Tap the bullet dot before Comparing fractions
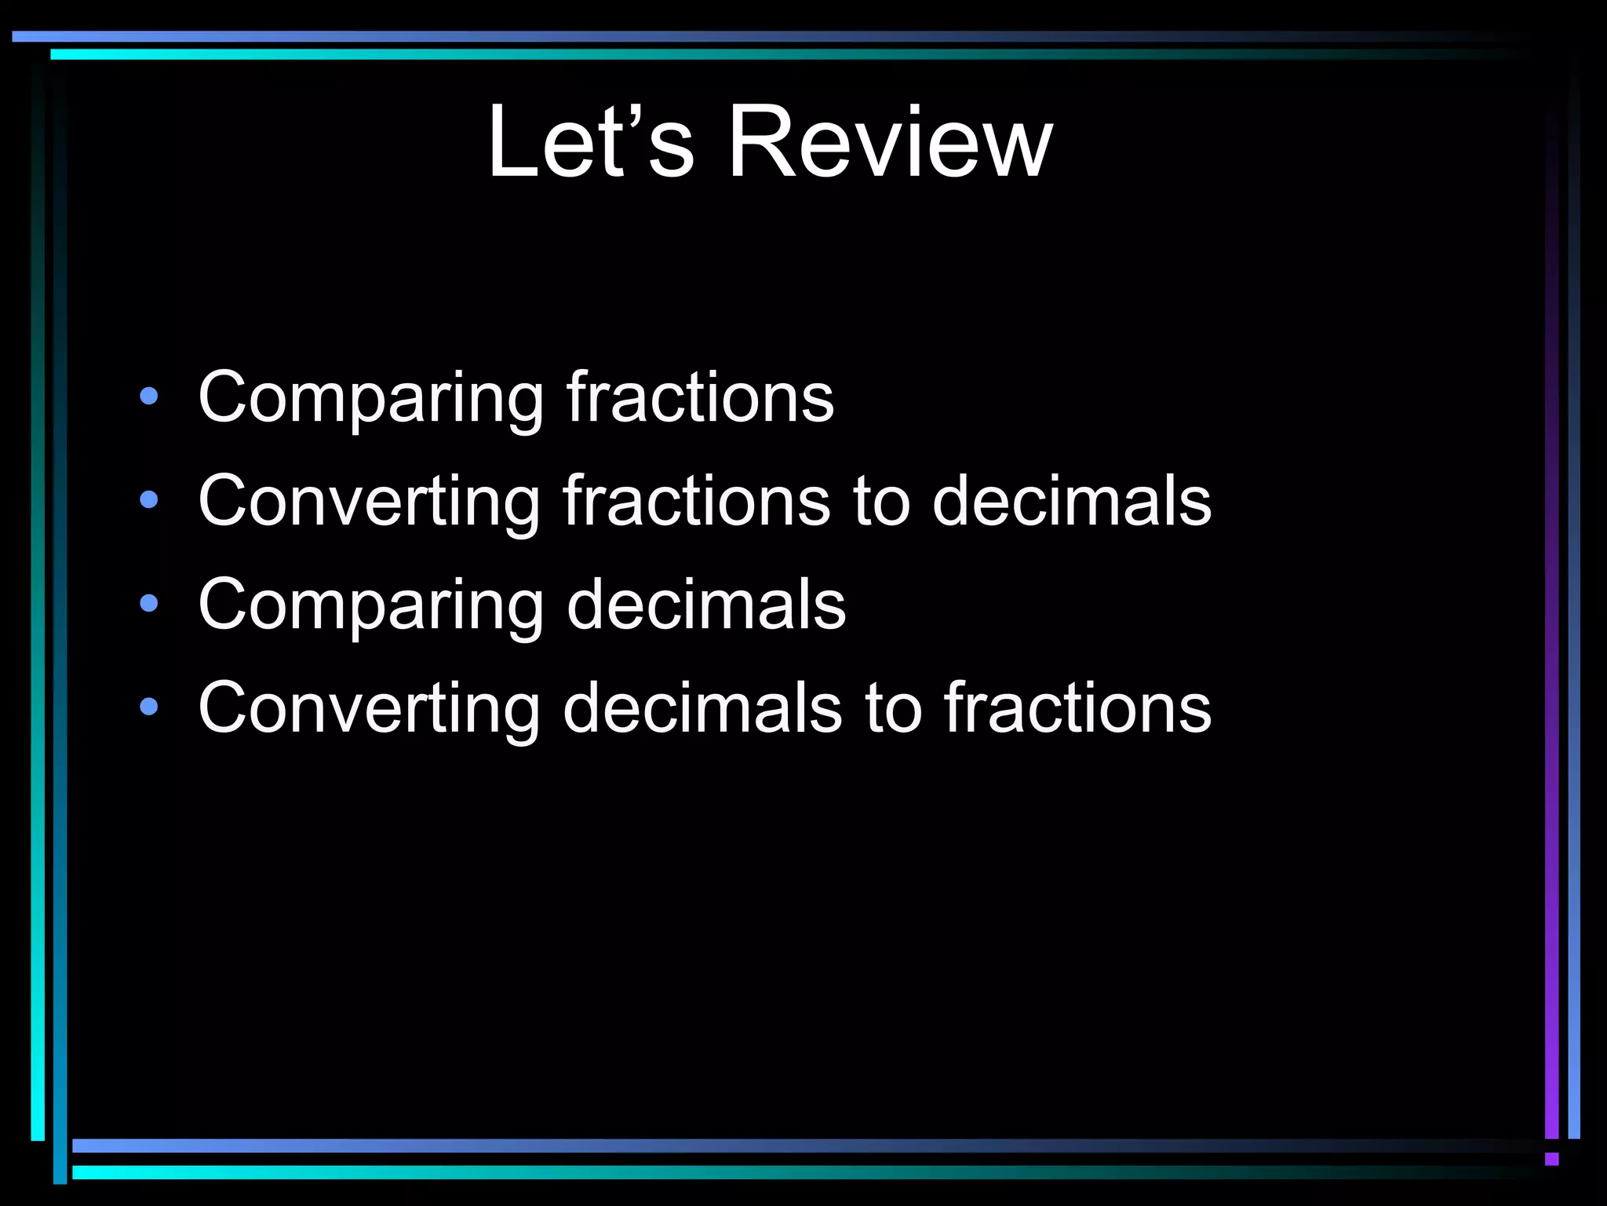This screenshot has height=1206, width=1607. click(148, 396)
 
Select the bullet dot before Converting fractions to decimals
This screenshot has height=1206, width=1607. click(148, 499)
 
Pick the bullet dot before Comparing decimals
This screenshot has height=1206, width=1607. click(148, 603)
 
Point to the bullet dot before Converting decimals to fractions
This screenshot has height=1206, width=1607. click(148, 707)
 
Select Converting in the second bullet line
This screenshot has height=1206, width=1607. click(369, 502)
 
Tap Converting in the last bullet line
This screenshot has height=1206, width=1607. click(369, 710)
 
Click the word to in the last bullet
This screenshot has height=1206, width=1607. click(893, 710)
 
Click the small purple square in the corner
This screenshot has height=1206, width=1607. click(1551, 1159)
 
